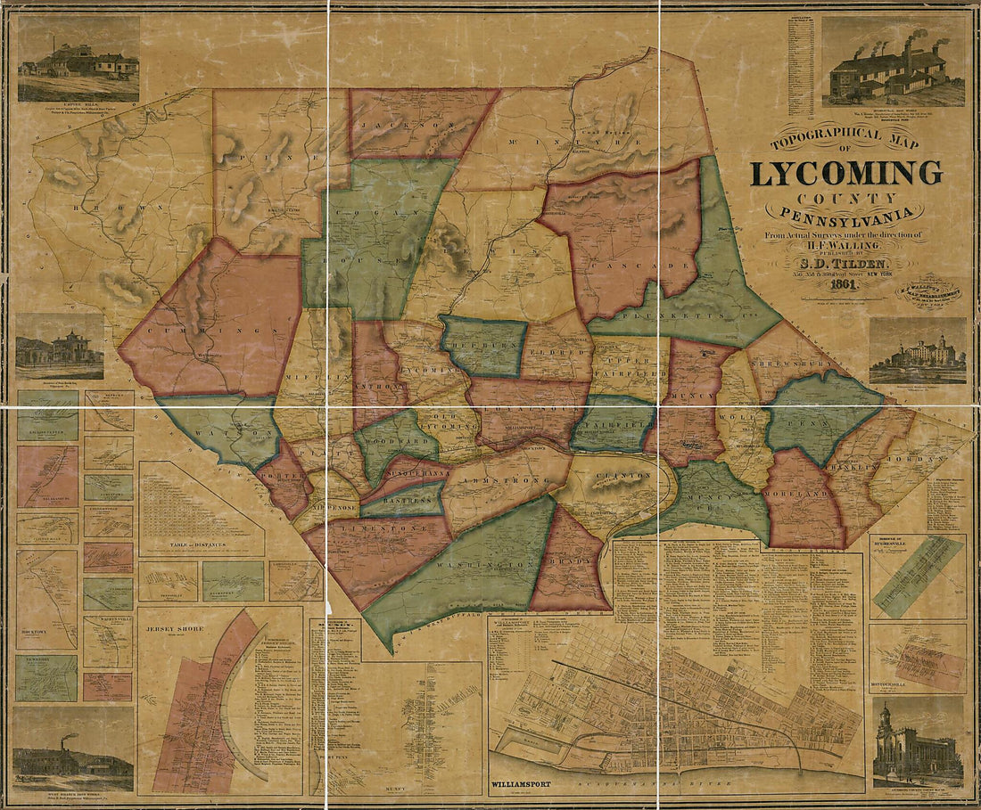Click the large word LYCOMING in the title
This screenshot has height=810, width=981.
pos(845,173)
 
